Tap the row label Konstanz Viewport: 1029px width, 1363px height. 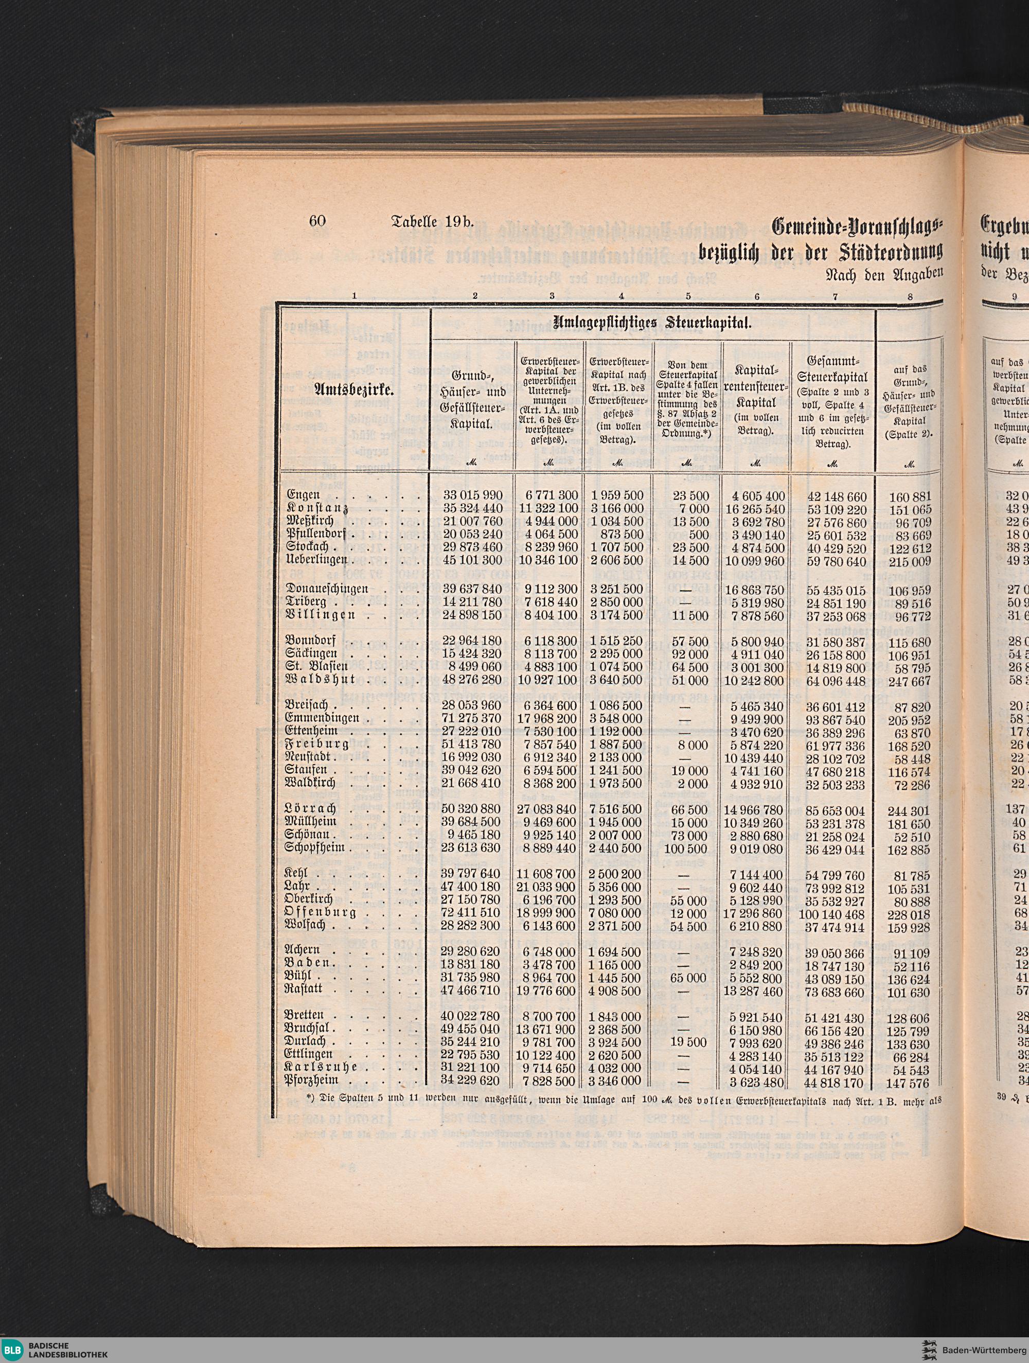[318, 508]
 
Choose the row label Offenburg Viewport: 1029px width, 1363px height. [321, 912]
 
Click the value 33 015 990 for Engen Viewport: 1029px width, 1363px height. [473, 495]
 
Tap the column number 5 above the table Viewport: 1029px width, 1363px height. [688, 296]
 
